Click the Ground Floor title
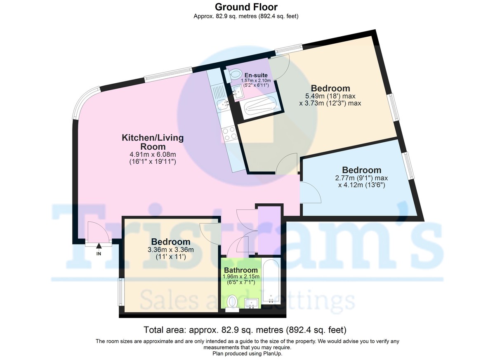point(246,7)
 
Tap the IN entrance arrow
point(99,246)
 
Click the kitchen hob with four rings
point(229,134)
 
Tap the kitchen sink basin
point(222,105)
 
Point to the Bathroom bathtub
point(271,281)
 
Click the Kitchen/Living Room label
point(153,142)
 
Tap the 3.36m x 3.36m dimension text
point(171,250)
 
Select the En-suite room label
point(256,75)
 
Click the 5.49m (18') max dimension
point(330,96)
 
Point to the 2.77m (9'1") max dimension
point(361,178)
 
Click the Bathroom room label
point(240,270)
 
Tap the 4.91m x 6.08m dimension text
point(153,154)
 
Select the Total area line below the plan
point(245,330)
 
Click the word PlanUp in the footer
point(272,353)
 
